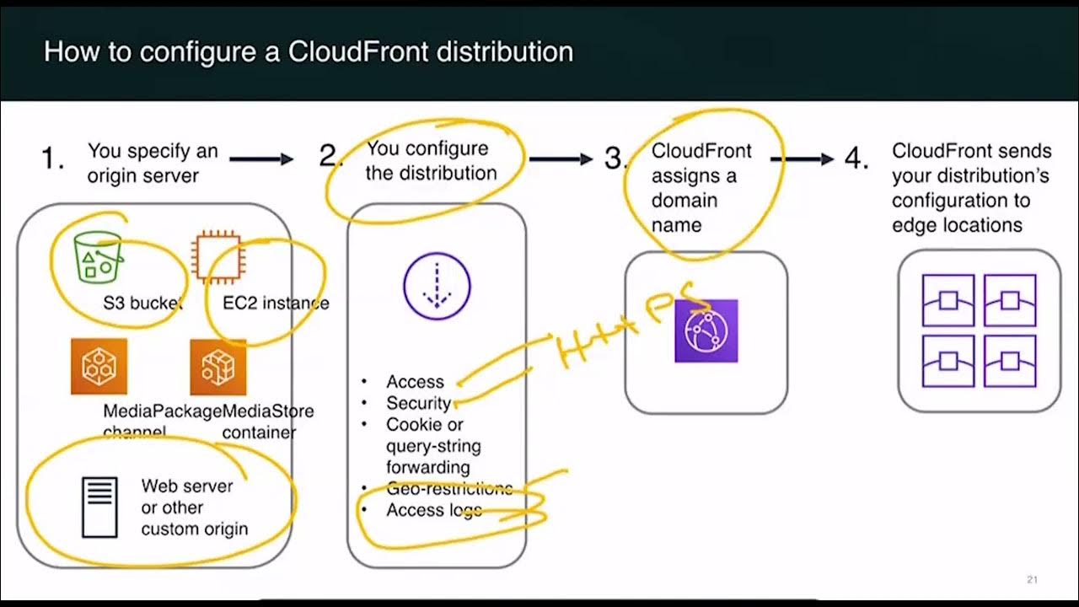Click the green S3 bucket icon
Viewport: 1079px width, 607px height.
97,257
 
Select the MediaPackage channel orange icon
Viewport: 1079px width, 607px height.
99,367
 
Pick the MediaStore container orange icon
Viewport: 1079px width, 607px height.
217,367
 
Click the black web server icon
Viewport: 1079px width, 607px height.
99,508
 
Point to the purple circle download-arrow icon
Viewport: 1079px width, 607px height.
437,287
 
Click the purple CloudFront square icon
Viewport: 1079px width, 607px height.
706,331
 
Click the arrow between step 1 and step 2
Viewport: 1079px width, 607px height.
261,158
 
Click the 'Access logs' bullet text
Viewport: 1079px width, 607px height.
434,510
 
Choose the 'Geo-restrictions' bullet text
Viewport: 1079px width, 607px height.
449,488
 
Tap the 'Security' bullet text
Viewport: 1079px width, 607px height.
418,403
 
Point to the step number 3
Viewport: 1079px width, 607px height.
613,158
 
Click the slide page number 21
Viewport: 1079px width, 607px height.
1032,579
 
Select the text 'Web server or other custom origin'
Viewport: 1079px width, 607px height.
194,508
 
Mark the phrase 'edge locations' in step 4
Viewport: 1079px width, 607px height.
957,225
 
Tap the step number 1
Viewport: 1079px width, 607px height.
53,158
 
